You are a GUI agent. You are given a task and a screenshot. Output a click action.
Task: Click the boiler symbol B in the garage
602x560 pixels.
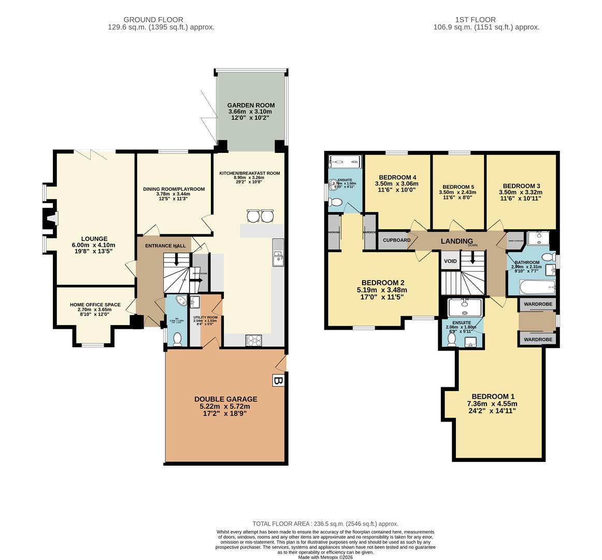pyautogui.click(x=278, y=381)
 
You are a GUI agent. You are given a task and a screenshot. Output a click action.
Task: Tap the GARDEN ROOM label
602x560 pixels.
pyautogui.click(x=251, y=105)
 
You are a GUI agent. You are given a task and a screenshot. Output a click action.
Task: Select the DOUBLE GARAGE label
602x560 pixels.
pyautogui.click(x=225, y=399)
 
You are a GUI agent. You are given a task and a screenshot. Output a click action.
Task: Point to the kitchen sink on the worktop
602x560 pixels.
pyautogui.click(x=279, y=251)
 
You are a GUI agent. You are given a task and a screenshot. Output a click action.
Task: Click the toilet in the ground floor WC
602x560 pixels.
pyautogui.click(x=177, y=338)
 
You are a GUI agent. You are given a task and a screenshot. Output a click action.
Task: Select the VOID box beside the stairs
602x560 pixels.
pyautogui.click(x=450, y=261)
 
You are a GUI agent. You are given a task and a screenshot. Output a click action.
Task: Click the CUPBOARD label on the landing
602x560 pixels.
pyautogui.click(x=397, y=240)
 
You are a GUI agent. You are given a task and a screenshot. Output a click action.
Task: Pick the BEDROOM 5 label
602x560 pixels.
pyautogui.click(x=458, y=187)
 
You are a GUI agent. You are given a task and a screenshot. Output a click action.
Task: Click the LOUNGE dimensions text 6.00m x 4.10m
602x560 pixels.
pyautogui.click(x=94, y=245)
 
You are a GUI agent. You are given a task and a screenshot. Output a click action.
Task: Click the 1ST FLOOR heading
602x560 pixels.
pyautogui.click(x=486, y=19)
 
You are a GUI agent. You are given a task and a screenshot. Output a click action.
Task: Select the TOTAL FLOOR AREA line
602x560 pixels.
pyautogui.click(x=325, y=524)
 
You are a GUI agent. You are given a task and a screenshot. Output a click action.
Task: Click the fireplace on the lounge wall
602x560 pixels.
pyautogui.click(x=50, y=219)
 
